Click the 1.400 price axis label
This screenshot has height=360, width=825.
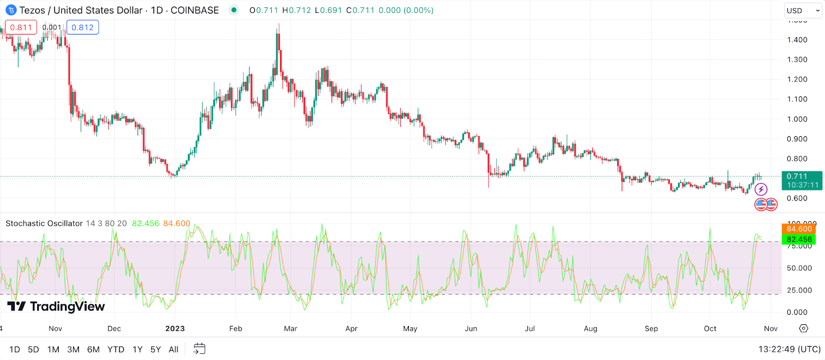797,40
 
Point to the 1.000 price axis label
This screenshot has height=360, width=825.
797,119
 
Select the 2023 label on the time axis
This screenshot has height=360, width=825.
175,329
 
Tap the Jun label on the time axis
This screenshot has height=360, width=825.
471,329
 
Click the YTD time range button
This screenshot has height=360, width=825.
115,350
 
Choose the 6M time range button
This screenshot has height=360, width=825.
93,350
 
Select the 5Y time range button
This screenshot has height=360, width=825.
155,350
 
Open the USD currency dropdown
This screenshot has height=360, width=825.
803,10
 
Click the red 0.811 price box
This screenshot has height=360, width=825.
21,27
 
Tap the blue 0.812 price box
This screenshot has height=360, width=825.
82,27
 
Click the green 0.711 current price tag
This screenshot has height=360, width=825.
802,181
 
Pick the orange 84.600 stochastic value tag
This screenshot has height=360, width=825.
799,229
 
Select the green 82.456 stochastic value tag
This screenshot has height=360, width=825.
799,239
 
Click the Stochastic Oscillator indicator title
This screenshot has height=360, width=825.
44,223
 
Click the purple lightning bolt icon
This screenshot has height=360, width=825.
761,190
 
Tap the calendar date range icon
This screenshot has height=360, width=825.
199,349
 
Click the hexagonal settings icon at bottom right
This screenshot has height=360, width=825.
803,329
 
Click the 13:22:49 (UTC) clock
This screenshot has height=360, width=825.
789,350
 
